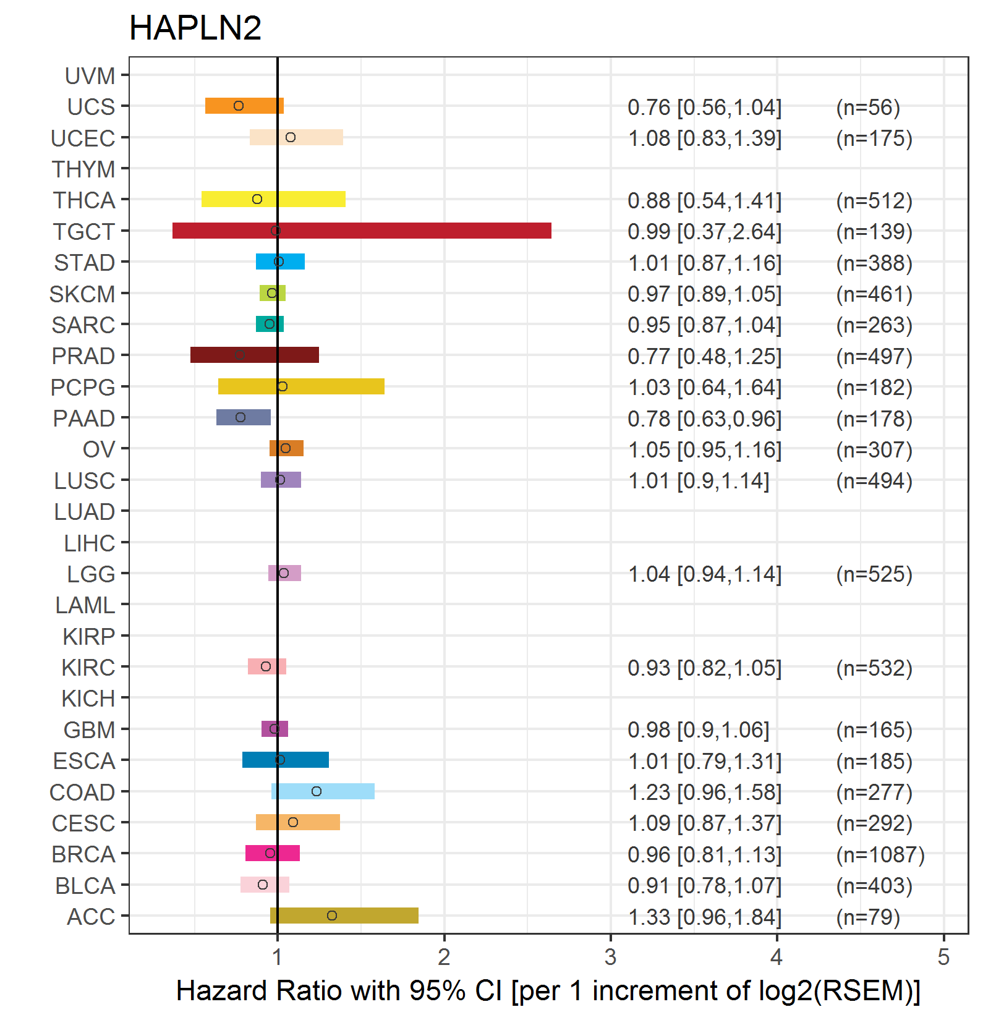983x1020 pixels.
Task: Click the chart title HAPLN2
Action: [x=195, y=28]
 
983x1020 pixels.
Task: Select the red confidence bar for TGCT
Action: [x=362, y=231]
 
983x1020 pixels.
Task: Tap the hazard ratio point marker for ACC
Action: [x=332, y=916]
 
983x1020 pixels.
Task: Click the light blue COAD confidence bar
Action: [x=323, y=791]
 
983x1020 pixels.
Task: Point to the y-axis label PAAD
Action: [x=84, y=419]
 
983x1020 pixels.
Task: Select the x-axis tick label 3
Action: [x=611, y=957]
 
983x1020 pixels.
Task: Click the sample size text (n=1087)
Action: [x=880, y=854]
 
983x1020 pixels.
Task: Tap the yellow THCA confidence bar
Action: [x=273, y=200]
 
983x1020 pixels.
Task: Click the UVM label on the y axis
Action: [x=90, y=76]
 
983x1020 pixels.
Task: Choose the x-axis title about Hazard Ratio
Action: [x=548, y=991]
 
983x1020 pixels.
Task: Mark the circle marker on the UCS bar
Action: [x=239, y=106]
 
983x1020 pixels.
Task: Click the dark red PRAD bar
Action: [x=255, y=355]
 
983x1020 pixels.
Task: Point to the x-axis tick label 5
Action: [x=943, y=957]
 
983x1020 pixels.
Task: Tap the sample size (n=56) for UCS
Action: [x=868, y=108]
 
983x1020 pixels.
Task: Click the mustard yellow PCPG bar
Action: [x=301, y=386]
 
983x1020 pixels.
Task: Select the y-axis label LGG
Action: [x=91, y=574]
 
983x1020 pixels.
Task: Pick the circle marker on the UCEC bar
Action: [x=291, y=137]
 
